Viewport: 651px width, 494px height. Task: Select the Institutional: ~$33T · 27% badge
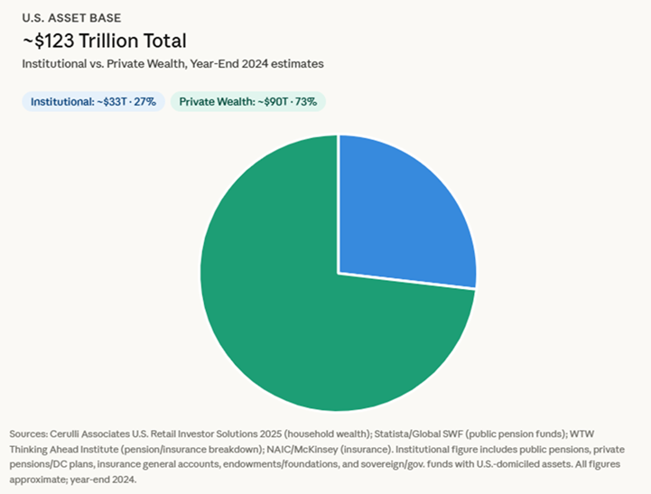93,102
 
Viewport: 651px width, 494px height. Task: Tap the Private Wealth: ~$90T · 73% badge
247,102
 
